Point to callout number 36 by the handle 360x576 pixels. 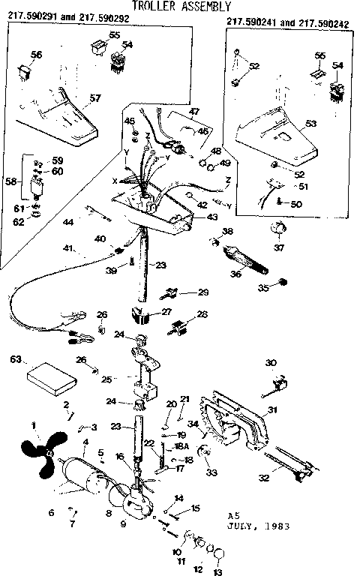click(x=237, y=274)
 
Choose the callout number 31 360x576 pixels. click(x=272, y=410)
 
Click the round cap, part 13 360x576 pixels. click(x=220, y=554)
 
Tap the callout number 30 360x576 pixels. click(x=271, y=363)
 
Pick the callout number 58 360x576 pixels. click(x=10, y=181)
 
